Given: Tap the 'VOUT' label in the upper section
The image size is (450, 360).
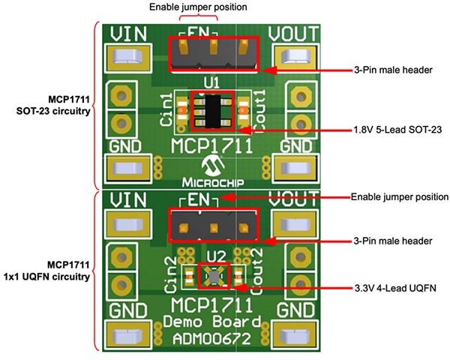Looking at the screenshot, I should point(293,34).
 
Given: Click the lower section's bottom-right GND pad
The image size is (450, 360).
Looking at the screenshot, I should point(294,332).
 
